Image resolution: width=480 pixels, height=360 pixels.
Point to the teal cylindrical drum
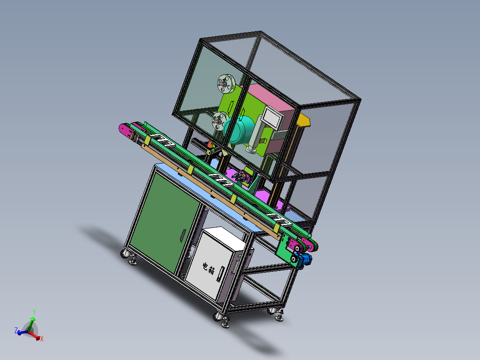coord(240,129)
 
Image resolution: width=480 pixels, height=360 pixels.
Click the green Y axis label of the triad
coord(34,312)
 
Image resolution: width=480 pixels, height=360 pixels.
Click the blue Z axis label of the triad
coord(16,331)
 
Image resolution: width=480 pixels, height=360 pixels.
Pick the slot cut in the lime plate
coord(231,106)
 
